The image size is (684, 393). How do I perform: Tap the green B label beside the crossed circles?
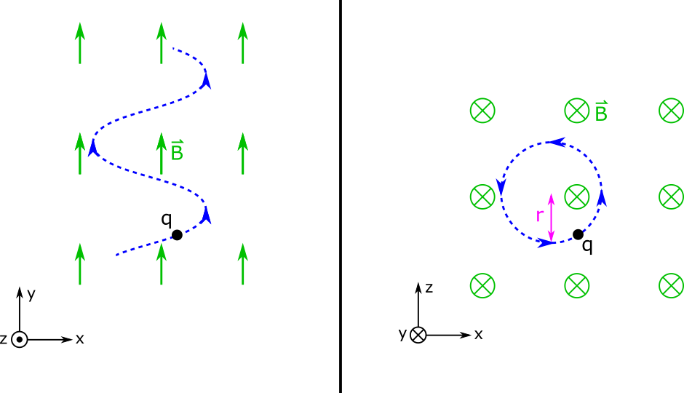tap(601, 111)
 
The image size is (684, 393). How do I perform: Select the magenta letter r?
tap(540, 215)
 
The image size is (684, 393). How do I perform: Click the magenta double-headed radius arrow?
tap(551, 218)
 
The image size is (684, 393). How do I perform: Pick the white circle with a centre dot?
tap(20, 339)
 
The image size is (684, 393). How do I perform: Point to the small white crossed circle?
tap(418, 335)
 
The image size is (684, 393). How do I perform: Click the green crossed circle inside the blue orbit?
tap(577, 196)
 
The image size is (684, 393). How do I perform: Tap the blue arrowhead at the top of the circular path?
tap(556, 142)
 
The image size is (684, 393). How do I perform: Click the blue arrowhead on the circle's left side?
tap(501, 187)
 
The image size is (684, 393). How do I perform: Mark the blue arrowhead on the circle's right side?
tap(602, 198)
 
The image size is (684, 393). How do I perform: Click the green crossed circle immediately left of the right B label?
tap(577, 111)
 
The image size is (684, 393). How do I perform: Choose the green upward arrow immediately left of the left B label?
tap(162, 153)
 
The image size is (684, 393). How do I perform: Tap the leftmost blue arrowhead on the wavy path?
tap(93, 148)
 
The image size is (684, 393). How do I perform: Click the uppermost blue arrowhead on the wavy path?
tap(207, 79)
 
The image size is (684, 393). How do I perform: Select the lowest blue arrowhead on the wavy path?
tap(207, 215)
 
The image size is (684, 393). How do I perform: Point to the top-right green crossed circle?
tap(671, 111)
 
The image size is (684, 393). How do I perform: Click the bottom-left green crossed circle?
tap(482, 285)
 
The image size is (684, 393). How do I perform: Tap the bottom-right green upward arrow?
tap(243, 263)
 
